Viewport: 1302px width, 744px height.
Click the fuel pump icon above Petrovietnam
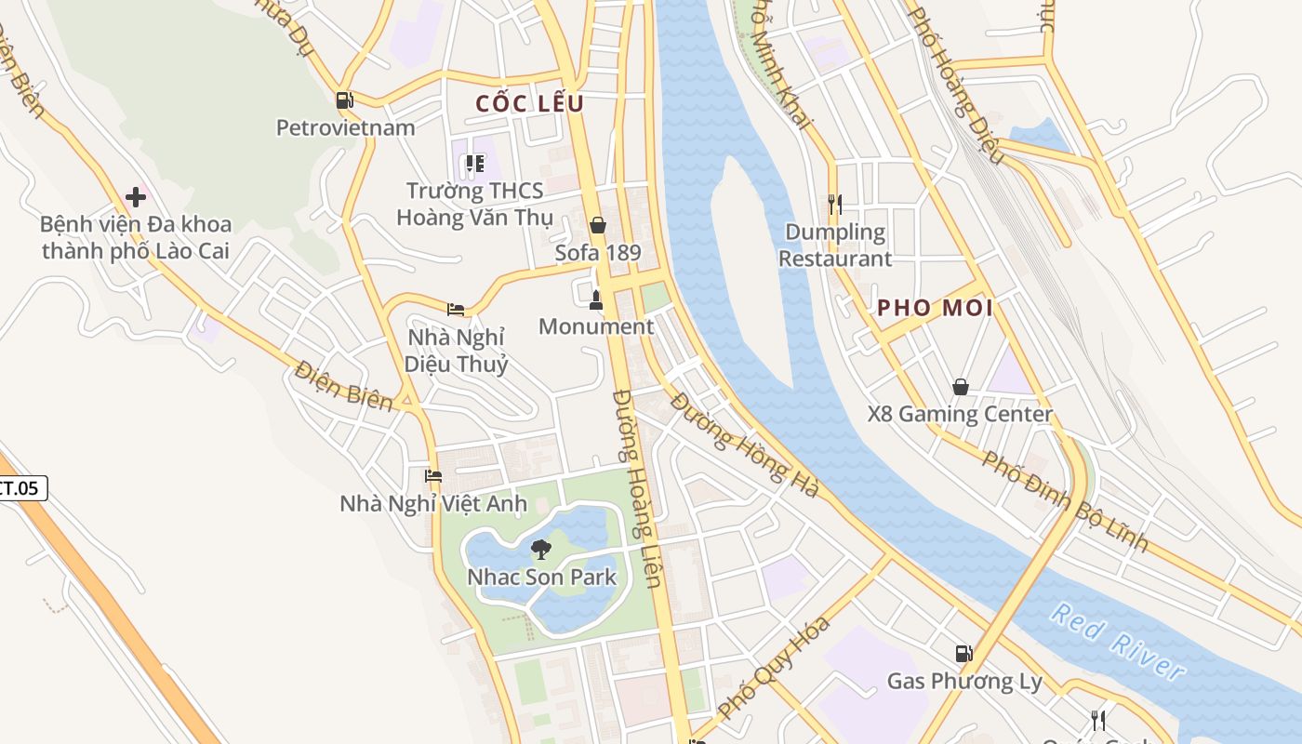pos(344,100)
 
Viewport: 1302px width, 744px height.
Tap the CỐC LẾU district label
pos(529,103)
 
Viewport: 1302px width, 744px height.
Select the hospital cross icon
pos(136,197)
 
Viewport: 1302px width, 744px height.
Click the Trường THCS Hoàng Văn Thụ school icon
pos(475,165)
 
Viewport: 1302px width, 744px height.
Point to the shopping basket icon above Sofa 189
pos(597,225)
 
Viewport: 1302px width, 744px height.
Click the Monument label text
pos(595,326)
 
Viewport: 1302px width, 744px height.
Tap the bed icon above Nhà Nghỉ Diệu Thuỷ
pos(456,309)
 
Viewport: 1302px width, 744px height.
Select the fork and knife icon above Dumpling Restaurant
pos(834,204)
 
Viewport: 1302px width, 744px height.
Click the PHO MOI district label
pos(935,308)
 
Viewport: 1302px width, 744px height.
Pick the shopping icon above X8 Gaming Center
pos(960,386)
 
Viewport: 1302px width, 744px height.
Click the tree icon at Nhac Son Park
pos(540,550)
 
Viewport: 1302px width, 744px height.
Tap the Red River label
pos(1118,643)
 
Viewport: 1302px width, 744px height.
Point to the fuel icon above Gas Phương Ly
pos(963,654)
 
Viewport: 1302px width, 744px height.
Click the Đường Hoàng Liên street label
pos(637,488)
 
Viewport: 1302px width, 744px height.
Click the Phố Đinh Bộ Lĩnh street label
pos(1065,500)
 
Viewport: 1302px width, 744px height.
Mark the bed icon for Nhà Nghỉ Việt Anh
pos(432,476)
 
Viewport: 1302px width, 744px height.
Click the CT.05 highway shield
pos(20,487)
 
